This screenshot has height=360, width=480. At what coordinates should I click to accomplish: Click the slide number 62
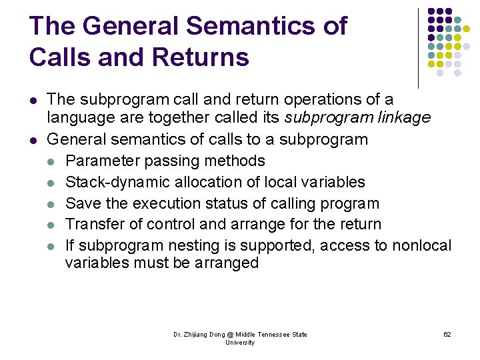(447, 334)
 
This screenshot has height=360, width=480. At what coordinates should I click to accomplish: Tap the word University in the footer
(240, 343)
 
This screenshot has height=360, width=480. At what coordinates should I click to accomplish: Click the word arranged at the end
(225, 263)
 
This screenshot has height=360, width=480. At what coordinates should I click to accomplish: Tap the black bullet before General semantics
(33, 140)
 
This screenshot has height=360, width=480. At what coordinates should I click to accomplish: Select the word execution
(181, 203)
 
